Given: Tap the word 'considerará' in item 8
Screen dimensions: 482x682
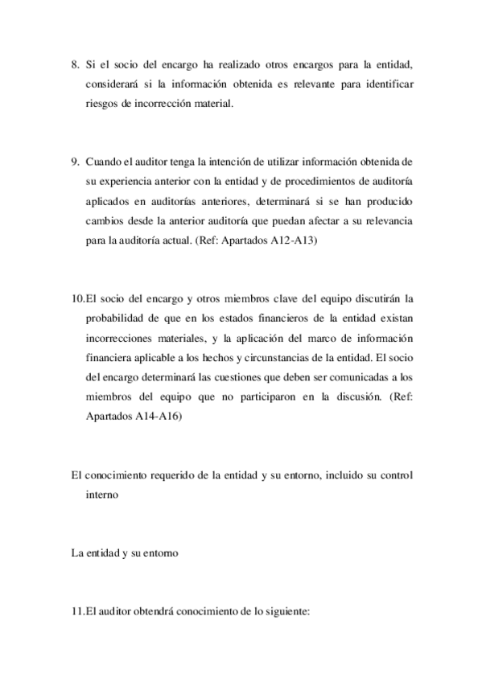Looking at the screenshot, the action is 110,84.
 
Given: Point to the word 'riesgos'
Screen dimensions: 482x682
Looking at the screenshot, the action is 101,104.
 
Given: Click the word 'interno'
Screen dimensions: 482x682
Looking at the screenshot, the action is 101,495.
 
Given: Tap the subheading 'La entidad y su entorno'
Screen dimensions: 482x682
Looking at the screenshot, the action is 125,554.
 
